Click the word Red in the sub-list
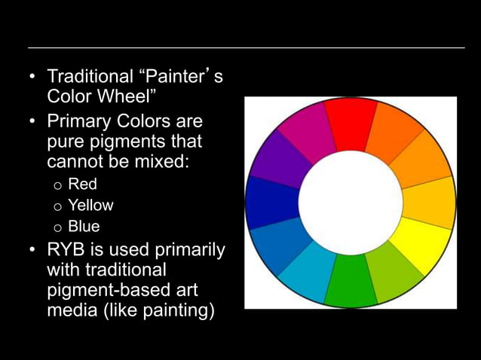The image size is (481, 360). (82, 184)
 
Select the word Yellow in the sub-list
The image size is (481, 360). (90, 205)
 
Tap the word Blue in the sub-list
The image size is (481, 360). (84, 226)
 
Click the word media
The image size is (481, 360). (69, 310)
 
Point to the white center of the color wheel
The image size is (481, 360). (351, 202)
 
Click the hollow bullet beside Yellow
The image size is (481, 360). (56, 206)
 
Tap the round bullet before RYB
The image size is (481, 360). (32, 249)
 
